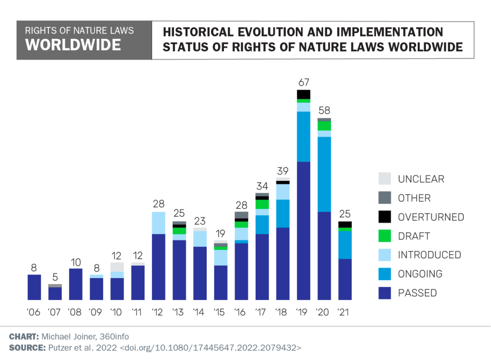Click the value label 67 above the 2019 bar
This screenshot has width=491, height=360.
point(304,82)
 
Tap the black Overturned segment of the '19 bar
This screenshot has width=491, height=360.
point(304,94)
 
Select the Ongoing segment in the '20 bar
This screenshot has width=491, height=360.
point(324,174)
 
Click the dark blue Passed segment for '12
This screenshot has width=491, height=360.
point(159,267)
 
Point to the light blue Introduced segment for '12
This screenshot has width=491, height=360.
point(159,223)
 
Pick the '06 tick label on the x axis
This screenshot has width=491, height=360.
point(34,312)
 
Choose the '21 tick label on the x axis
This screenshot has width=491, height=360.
point(343,312)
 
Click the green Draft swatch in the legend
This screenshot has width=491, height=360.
point(385,236)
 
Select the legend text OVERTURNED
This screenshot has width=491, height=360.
point(431,217)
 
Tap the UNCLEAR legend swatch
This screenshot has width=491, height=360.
point(385,178)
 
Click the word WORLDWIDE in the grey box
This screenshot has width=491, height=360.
point(73,45)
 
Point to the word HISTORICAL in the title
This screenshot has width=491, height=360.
point(198,32)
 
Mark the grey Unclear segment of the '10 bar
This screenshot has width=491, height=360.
point(117,267)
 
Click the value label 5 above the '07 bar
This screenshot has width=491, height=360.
point(55,277)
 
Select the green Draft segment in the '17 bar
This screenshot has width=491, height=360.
point(262,204)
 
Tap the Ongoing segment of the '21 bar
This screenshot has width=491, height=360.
point(345,245)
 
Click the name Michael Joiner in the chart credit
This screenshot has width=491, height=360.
point(69,337)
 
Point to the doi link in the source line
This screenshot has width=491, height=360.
point(210,348)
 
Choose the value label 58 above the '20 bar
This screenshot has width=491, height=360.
point(325,110)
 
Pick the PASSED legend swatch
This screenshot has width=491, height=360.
point(385,293)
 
